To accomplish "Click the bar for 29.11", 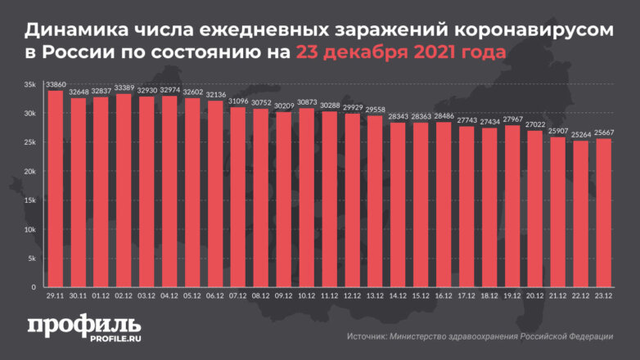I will pos(56,189).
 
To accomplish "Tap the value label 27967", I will pos(513,119).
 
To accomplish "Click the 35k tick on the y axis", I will pos(29,84).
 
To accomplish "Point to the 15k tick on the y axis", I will pos(29,200).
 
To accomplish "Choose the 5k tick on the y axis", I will pos(30,259).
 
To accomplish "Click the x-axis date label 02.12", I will pos(124,297).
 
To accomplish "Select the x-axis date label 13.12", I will pos(376,297).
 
